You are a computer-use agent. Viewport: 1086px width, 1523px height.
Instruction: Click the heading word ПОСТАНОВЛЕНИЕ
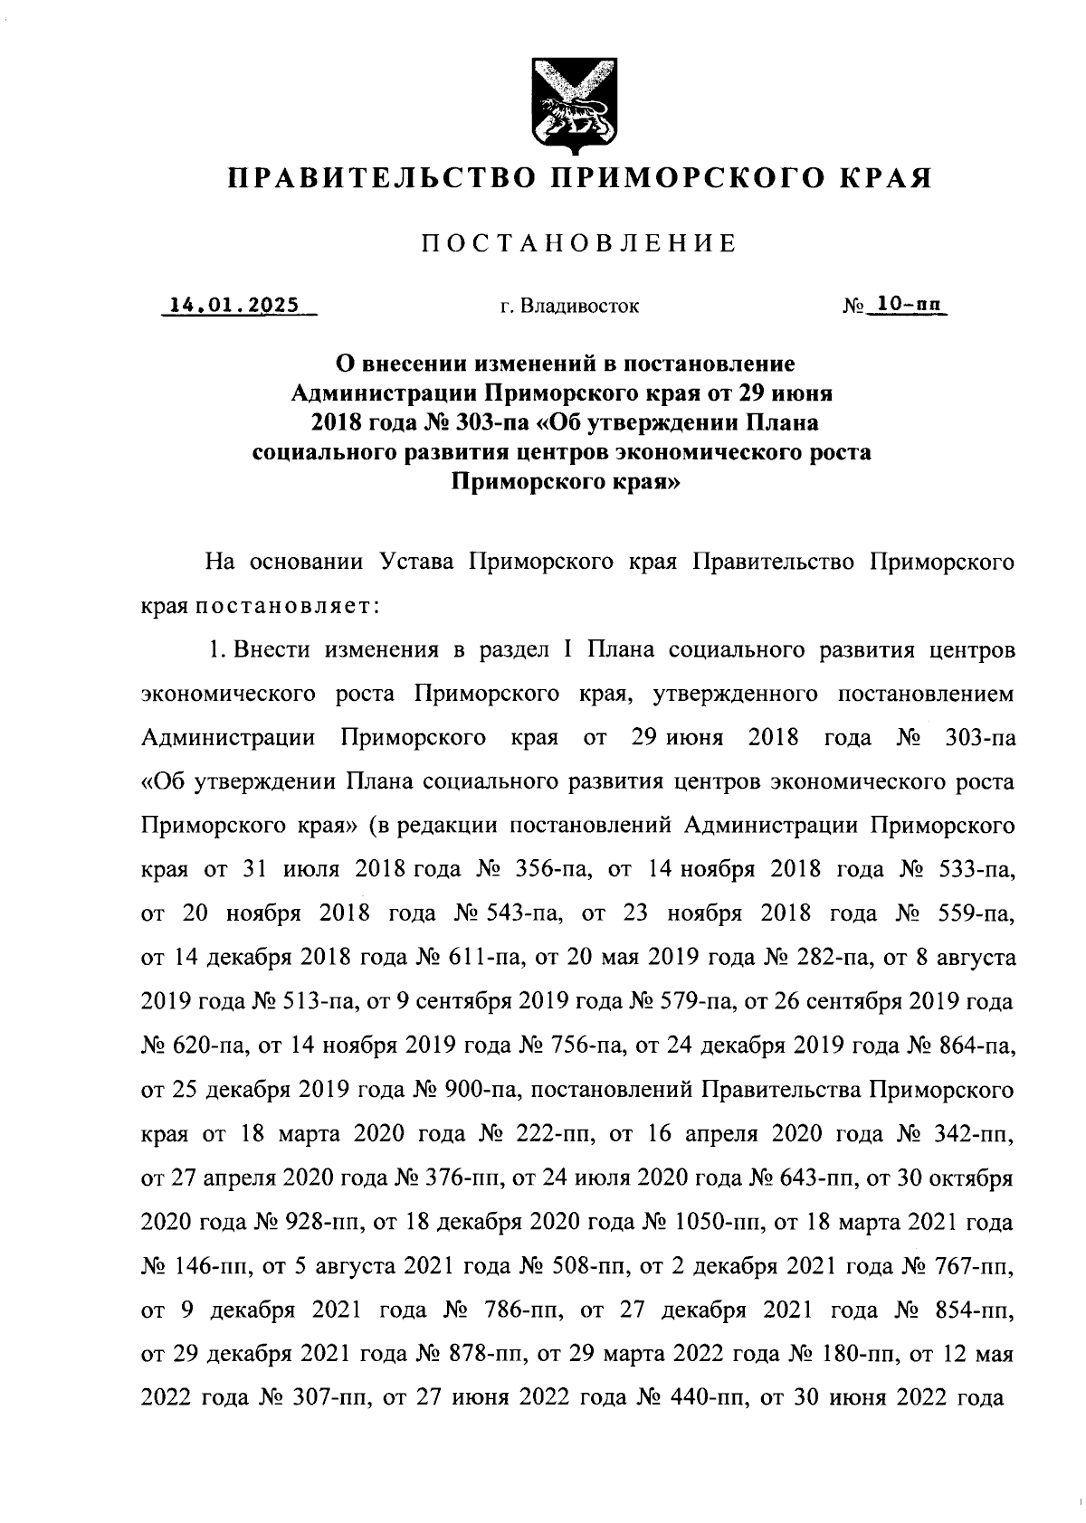click(578, 242)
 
